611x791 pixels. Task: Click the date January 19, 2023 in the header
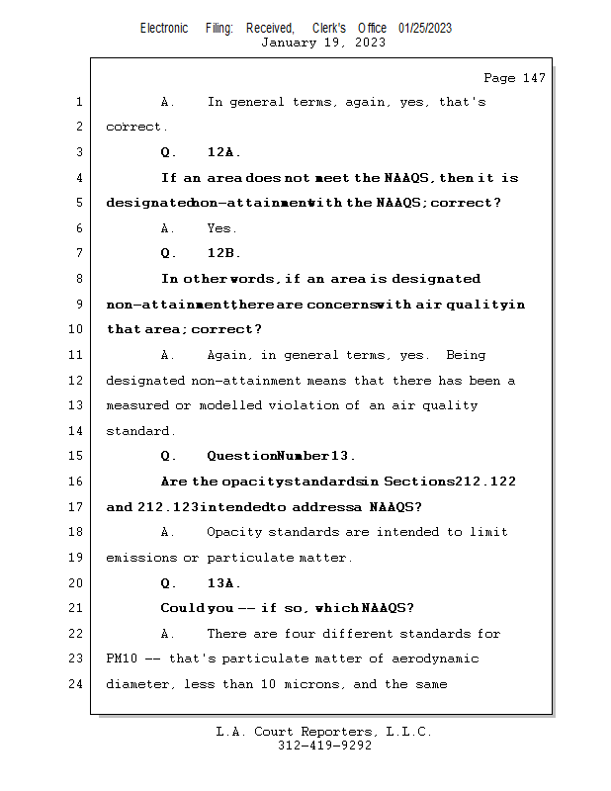(x=323, y=43)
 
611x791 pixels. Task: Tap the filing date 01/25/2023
(x=425, y=28)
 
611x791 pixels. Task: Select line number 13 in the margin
(x=78, y=405)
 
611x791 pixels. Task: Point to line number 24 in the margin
(x=78, y=684)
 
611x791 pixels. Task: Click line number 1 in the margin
(x=78, y=102)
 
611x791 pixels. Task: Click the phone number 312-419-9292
(x=324, y=746)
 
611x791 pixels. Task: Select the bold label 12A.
(x=223, y=152)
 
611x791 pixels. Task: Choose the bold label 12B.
(x=223, y=253)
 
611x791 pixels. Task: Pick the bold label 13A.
(x=223, y=583)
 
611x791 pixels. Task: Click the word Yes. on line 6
(x=221, y=228)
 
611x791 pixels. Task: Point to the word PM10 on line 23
(x=122, y=659)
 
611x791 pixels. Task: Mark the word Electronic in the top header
(x=164, y=28)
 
